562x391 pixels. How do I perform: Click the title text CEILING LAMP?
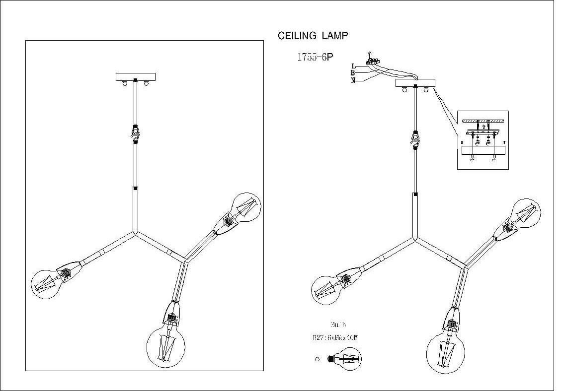[313, 36]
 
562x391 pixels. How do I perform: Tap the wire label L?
[353, 66]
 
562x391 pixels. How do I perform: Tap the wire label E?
[352, 73]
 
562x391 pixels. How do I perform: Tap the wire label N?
[353, 80]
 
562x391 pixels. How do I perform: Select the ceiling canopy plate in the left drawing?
[136, 77]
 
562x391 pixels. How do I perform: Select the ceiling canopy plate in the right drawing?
[415, 83]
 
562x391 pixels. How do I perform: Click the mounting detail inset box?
[482, 140]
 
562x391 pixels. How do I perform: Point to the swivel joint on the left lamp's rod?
[135, 131]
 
